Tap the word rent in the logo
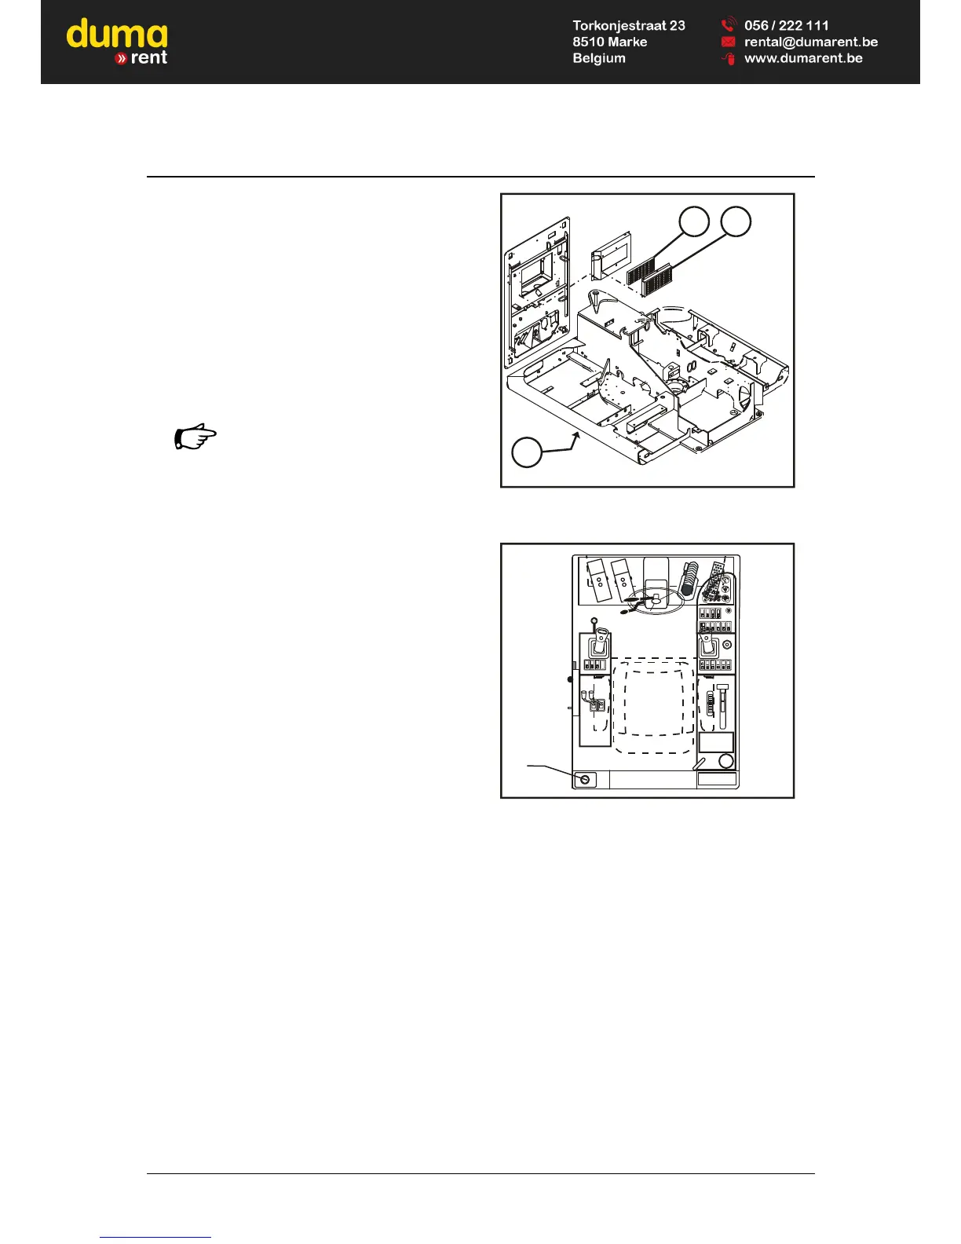pos(148,58)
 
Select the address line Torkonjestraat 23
pos(628,26)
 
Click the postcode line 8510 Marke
pos(609,42)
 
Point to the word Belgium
pos(598,58)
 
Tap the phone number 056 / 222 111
pos(786,26)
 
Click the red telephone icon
pos(728,25)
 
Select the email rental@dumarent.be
pos(810,42)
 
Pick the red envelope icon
pos(728,42)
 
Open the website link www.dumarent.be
pos(802,58)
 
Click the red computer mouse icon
pos(729,59)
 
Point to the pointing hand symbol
pos(194,437)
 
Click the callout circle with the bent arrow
pos(527,452)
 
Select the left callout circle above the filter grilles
pos(694,221)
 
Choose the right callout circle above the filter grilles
pos(736,221)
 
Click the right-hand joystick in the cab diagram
pos(709,646)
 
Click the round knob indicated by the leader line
pos(585,779)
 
